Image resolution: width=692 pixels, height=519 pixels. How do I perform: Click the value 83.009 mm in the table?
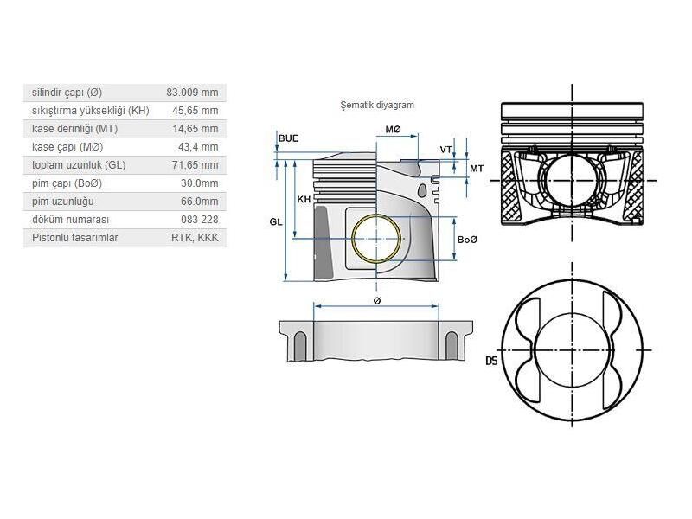[x=192, y=93]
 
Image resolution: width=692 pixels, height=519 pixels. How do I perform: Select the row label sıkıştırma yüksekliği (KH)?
[x=90, y=111]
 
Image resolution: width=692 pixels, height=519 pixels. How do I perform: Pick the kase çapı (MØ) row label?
[x=67, y=147]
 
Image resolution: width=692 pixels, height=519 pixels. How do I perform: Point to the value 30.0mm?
[x=200, y=183]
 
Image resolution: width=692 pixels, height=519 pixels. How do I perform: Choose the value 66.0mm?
[x=200, y=202]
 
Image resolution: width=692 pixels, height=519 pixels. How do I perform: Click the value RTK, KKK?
[x=195, y=238]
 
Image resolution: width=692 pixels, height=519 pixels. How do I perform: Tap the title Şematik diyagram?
[x=377, y=105]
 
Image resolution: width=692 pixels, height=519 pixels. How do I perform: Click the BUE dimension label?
[x=288, y=138]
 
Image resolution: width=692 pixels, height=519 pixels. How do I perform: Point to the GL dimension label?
[x=275, y=221]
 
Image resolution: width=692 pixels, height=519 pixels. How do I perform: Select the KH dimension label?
[x=304, y=200]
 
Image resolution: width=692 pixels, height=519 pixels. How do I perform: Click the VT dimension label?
[x=445, y=150]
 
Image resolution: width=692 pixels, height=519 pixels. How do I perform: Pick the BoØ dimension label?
[x=468, y=240]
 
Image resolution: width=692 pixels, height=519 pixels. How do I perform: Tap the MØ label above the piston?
[x=393, y=129]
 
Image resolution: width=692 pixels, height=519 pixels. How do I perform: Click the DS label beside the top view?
[x=491, y=361]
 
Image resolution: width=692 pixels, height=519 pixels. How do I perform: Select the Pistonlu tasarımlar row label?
[x=74, y=238]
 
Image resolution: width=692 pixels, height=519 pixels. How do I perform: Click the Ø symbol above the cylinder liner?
[x=377, y=300]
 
